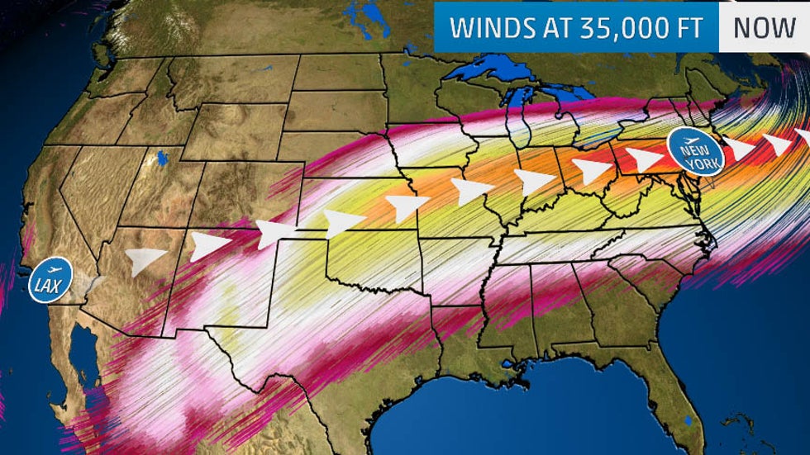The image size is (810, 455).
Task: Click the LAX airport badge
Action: pos(50,282)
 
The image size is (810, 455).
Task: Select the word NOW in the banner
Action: pos(765,26)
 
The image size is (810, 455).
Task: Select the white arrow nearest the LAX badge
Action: pos(145,261)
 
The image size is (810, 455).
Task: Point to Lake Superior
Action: pos(488,70)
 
